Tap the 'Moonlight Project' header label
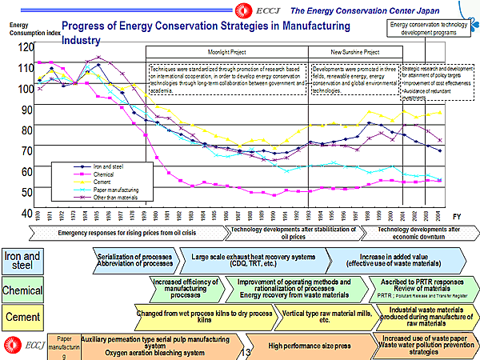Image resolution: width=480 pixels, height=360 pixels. [x=227, y=50]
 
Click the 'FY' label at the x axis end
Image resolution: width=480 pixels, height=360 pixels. [x=456, y=217]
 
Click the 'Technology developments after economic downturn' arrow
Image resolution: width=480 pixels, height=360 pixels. [x=408, y=233]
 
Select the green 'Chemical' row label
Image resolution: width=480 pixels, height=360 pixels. [x=22, y=288]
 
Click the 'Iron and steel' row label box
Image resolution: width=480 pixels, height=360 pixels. [x=22, y=260]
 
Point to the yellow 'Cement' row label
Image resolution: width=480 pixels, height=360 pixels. [x=22, y=317]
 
